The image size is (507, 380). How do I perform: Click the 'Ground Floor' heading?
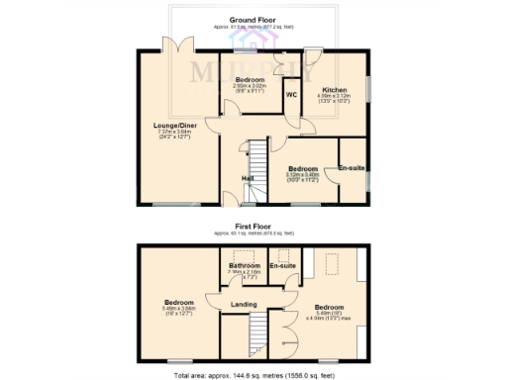pos(253,19)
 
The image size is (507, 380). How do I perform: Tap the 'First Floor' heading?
pos(253,227)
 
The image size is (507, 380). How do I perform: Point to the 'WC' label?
pos(292,95)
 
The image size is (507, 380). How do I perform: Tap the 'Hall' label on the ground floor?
pos(250,179)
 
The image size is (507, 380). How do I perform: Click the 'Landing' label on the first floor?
pos(245,305)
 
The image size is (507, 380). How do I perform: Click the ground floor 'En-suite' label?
pos(352,168)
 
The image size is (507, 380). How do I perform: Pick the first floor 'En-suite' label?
pos(283,266)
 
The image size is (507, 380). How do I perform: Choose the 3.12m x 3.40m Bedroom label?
pos(303,169)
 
